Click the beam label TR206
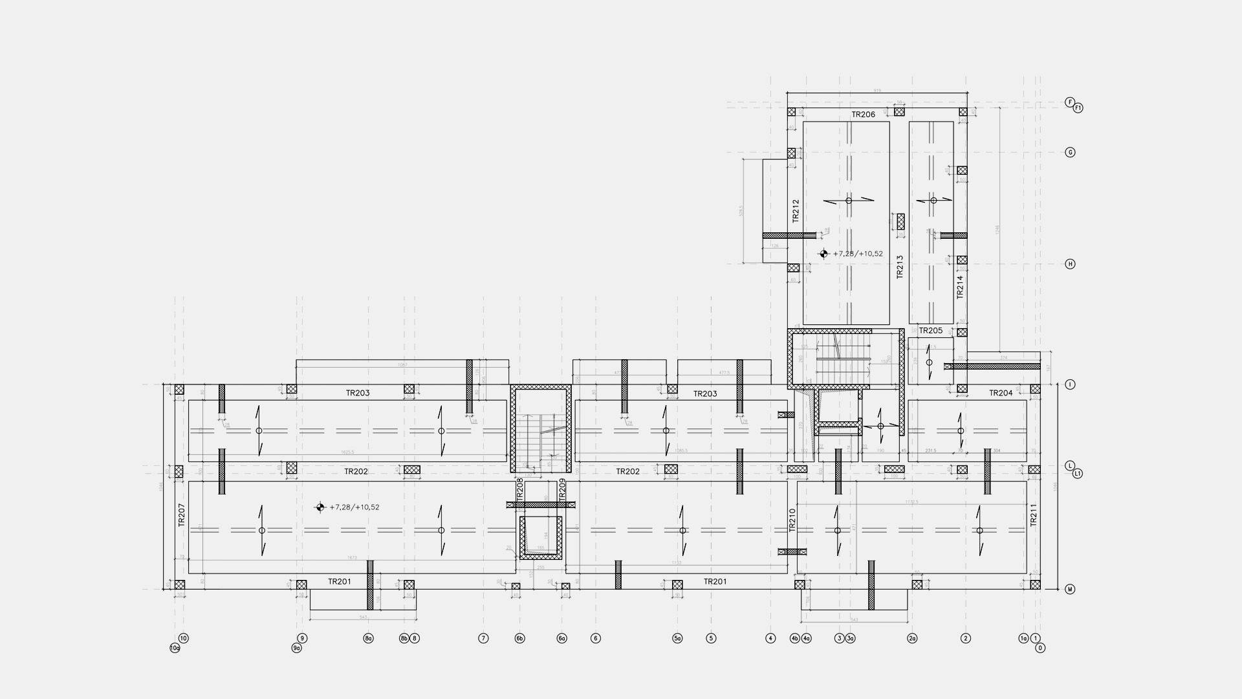click(x=863, y=115)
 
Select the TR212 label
click(x=796, y=210)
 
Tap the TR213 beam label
click(x=899, y=267)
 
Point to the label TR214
click(x=960, y=287)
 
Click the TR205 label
click(x=930, y=331)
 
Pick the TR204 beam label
click(x=1001, y=393)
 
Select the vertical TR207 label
click(x=182, y=515)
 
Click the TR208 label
click(x=519, y=489)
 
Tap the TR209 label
click(x=562, y=489)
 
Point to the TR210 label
click(x=792, y=520)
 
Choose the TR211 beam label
click(x=1034, y=515)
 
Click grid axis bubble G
click(x=1070, y=153)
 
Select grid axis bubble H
click(x=1070, y=264)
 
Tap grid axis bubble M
click(x=1070, y=590)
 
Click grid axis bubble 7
click(x=483, y=638)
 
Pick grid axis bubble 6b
click(x=519, y=638)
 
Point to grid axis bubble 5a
click(x=677, y=638)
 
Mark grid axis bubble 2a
click(x=912, y=638)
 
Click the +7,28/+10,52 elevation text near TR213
click(x=858, y=254)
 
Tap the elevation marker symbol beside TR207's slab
click(x=320, y=507)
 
